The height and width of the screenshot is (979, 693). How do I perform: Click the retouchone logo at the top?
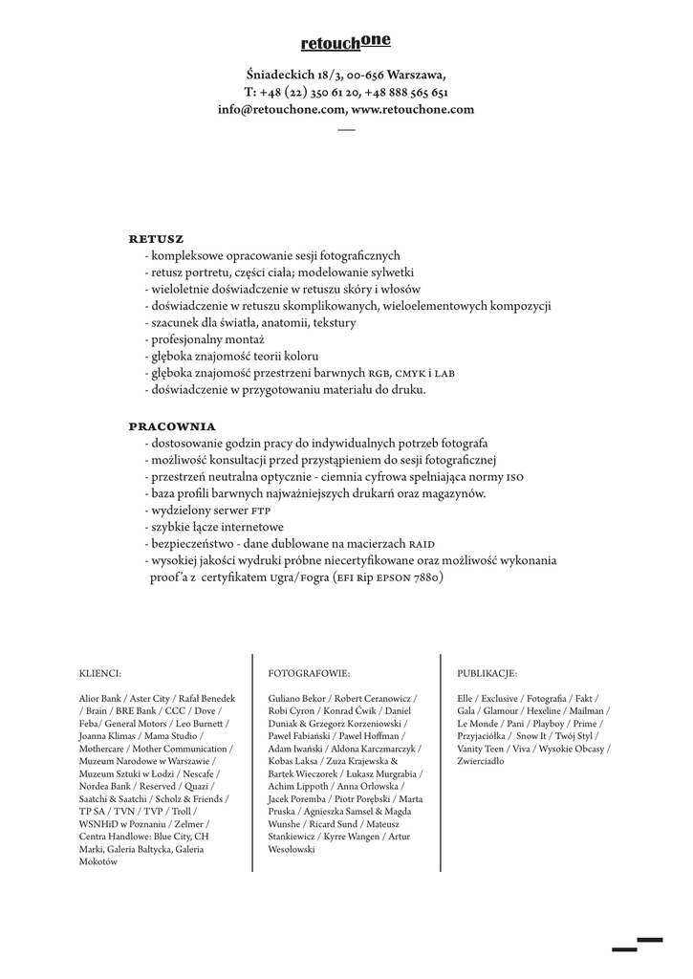(x=345, y=42)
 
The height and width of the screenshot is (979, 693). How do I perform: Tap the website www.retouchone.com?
(x=413, y=110)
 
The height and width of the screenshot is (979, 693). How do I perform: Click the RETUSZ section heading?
(x=156, y=238)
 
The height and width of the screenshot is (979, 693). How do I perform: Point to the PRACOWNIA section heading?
(x=172, y=425)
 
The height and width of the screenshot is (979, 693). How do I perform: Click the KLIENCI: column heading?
(x=100, y=673)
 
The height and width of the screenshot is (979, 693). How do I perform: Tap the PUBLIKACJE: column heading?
(x=487, y=673)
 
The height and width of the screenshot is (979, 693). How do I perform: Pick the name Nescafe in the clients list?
(x=200, y=773)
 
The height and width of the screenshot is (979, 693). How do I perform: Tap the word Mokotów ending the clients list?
(x=97, y=861)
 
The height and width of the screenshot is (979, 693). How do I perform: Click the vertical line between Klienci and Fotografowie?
(x=253, y=762)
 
